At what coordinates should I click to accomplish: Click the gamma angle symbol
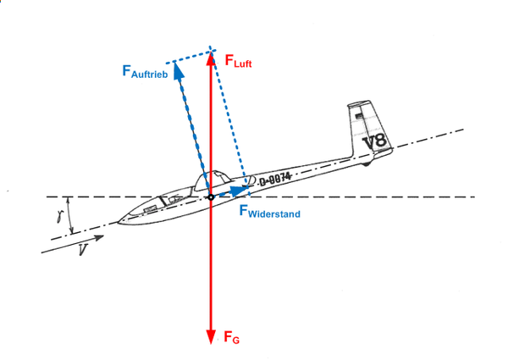pyautogui.click(x=60, y=217)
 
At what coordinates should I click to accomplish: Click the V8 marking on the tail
pyautogui.click(x=375, y=141)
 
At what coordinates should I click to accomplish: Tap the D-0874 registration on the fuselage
pyautogui.click(x=275, y=178)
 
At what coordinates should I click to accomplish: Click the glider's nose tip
pyautogui.click(x=119, y=223)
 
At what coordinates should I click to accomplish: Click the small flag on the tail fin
pyautogui.click(x=359, y=112)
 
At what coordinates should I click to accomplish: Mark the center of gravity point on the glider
pyautogui.click(x=211, y=197)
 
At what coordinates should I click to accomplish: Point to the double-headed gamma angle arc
pyautogui.click(x=70, y=215)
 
